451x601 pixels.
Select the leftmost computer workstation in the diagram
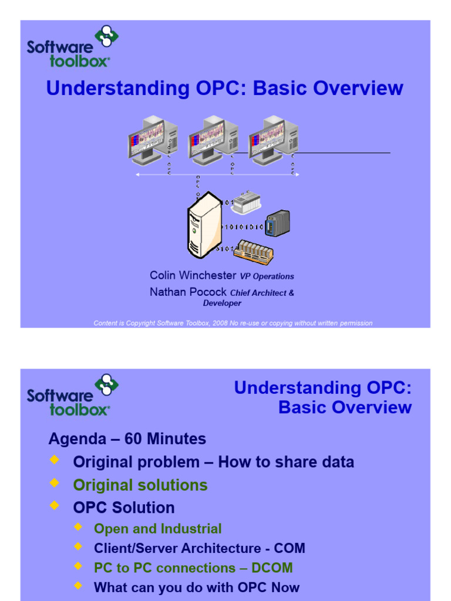tap(152, 140)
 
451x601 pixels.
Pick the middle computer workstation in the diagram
tap(213, 140)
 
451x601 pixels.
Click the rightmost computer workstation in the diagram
tap(273, 140)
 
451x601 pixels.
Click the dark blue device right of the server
tap(277, 224)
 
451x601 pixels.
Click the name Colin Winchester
tap(193, 275)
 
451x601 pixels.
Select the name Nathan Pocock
tap(188, 292)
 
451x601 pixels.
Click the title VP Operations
tap(267, 276)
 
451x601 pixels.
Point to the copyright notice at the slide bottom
tap(233, 323)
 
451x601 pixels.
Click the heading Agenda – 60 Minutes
tap(127, 439)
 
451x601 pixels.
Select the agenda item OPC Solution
tap(123, 508)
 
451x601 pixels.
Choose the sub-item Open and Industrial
tap(157, 529)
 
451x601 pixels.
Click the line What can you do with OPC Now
tap(196, 588)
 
